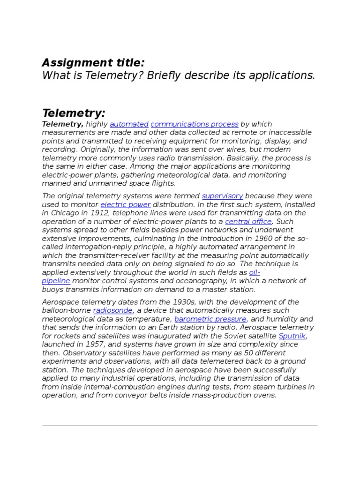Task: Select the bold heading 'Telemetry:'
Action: tap(74, 113)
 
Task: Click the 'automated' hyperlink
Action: tap(129, 124)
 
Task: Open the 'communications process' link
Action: tap(195, 124)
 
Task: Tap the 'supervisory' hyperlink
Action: tap(222, 196)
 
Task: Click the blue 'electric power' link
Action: tap(126, 204)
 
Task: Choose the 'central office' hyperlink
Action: tap(248, 221)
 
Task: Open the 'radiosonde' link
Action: tap(113, 310)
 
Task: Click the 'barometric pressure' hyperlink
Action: tap(210, 319)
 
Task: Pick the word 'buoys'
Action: tap(52, 289)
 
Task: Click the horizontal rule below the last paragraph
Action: tap(180, 425)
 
